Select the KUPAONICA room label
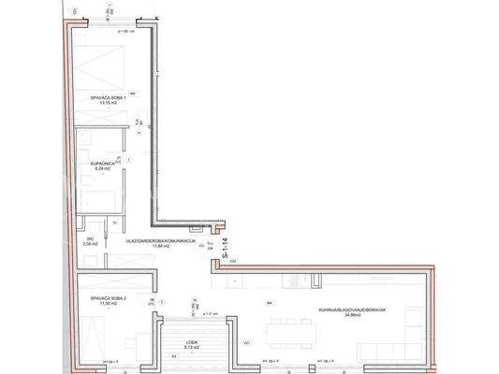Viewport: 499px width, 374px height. [103, 164]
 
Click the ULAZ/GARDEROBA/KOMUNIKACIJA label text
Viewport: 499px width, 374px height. [160, 241]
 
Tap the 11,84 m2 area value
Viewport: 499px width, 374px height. [160, 248]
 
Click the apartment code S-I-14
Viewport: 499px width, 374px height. [225, 248]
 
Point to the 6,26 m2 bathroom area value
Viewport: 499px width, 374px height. [103, 170]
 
